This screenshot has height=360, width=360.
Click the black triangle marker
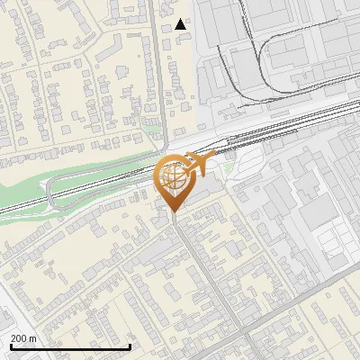coord(182,24)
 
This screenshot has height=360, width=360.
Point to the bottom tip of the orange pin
coord(174,211)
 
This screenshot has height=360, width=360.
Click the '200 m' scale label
coord(23,337)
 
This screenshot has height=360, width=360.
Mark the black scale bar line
coord(70,346)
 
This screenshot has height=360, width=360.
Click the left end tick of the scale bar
coord(11,345)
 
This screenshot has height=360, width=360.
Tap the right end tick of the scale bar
coord(130,345)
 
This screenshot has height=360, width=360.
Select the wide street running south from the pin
coord(200,279)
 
